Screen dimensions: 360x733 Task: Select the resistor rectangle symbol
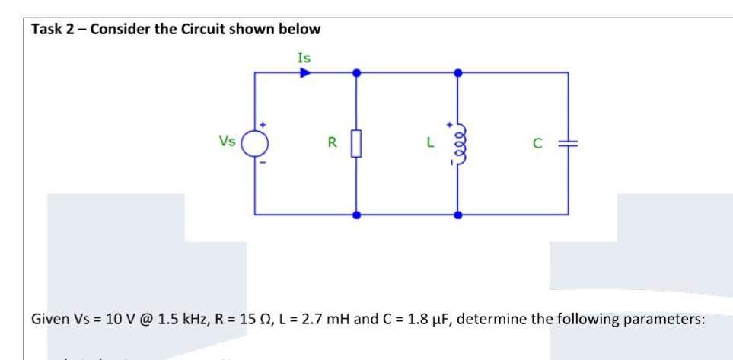coord(355,142)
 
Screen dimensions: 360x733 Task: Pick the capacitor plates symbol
coord(567,142)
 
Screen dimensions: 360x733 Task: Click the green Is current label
coord(304,57)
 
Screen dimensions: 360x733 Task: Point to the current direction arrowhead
coord(304,73)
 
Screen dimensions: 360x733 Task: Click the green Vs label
coord(227,141)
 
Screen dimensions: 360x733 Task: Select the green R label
coord(331,142)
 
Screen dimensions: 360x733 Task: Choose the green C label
coord(537,142)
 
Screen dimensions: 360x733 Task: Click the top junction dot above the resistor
coord(355,73)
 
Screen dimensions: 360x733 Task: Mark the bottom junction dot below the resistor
coord(355,215)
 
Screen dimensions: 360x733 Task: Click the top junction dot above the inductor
coord(457,73)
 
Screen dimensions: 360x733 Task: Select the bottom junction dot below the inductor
coord(457,215)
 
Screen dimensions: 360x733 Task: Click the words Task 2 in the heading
coord(54,30)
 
